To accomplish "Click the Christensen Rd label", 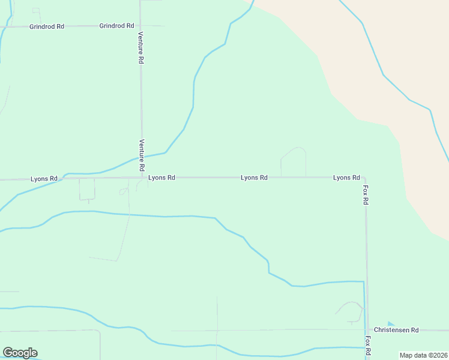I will coord(396,330).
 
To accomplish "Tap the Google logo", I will coord(20,353).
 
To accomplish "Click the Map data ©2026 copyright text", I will coord(423,355).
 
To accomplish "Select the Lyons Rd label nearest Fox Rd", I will coord(346,178).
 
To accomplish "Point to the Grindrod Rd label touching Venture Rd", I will coord(116,26).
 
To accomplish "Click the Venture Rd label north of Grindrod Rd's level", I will coord(140,48).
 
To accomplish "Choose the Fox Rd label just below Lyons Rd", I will coord(365,195).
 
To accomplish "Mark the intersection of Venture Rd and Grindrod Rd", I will coord(140,26).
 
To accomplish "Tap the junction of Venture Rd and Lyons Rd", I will coord(142,178).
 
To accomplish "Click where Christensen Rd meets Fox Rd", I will coord(366,330).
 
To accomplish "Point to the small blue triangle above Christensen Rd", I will coord(391,324).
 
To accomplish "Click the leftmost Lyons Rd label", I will coord(44,179).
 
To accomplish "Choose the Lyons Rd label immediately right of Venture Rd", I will coord(161,178).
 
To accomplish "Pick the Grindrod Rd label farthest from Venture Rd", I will coord(46,27).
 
